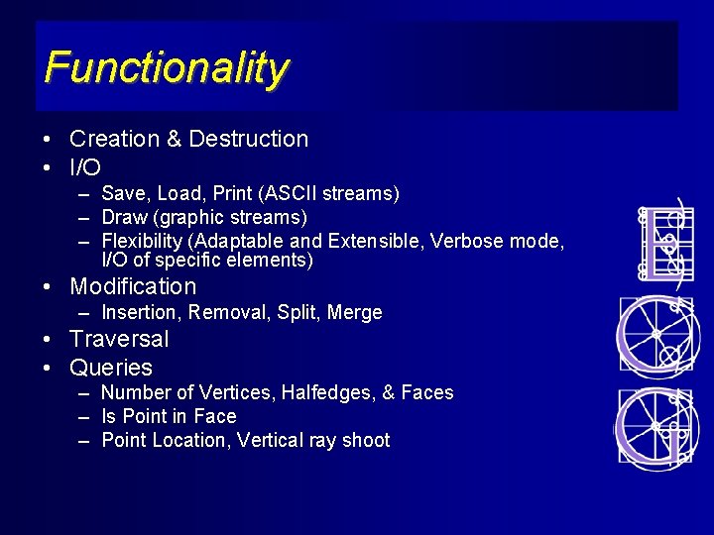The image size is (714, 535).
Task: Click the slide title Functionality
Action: pyautogui.click(x=167, y=68)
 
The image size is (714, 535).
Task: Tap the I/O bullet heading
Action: pyautogui.click(x=85, y=167)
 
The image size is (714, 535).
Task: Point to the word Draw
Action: pyautogui.click(x=124, y=217)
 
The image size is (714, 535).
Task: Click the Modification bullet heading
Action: pyautogui.click(x=133, y=287)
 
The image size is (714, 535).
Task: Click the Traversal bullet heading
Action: pyautogui.click(x=119, y=339)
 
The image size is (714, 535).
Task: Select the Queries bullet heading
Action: pyautogui.click(x=111, y=368)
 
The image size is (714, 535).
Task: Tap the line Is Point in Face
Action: pyautogui.click(x=169, y=417)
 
